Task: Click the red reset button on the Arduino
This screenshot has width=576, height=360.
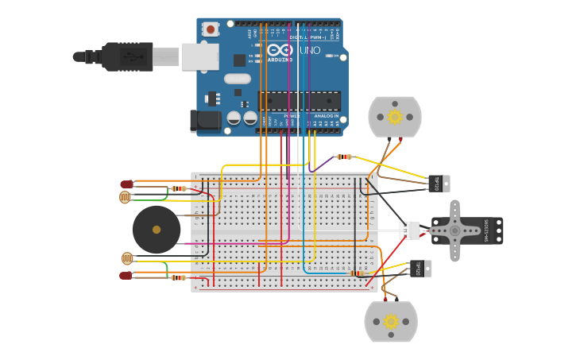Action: [x=211, y=29]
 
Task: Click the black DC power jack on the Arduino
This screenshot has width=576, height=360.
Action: [x=203, y=121]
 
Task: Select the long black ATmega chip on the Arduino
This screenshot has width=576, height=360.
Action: [x=300, y=101]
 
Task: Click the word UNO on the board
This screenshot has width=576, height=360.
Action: [x=310, y=50]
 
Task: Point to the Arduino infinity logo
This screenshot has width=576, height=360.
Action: [x=279, y=50]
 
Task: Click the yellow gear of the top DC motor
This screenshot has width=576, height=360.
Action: [x=395, y=118]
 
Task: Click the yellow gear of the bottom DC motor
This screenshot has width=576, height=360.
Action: [x=391, y=322]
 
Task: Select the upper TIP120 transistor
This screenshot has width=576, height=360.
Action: [x=439, y=184]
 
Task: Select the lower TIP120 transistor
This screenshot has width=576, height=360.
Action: [x=420, y=269]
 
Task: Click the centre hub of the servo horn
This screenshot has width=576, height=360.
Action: [x=454, y=230]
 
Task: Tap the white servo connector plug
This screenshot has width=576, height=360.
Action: [x=409, y=230]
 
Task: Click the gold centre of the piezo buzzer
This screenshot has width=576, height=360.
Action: [x=157, y=230]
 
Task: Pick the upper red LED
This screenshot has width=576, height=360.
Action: [x=126, y=184]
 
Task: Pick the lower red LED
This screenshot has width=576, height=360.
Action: [x=126, y=276]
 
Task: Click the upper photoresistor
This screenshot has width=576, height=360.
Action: [x=126, y=197]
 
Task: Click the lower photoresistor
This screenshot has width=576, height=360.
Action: [x=127, y=257]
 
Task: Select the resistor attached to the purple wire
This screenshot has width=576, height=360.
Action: [x=344, y=157]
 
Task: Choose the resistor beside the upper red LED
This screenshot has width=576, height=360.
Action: [x=179, y=188]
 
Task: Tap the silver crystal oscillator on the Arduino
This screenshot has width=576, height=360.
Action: [x=237, y=79]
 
